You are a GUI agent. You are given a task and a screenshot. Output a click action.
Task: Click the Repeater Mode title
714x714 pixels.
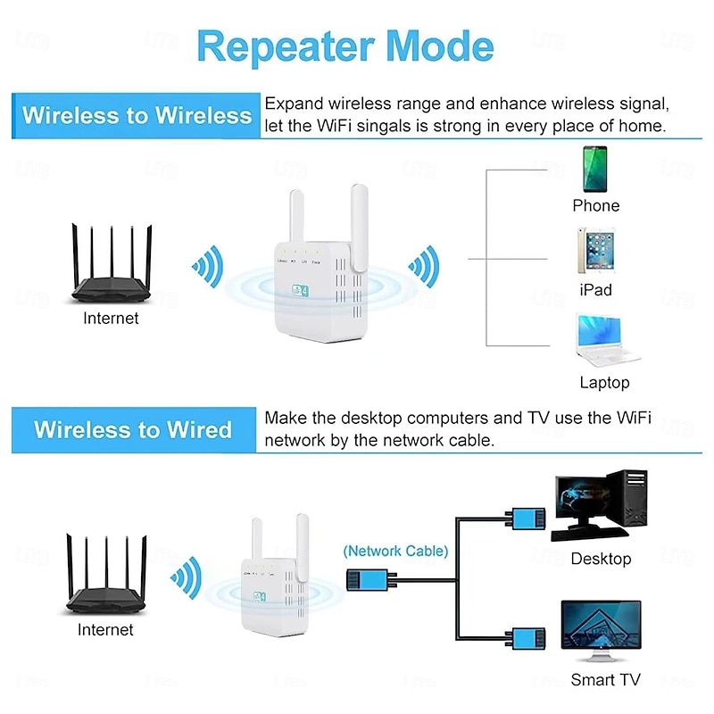(345, 46)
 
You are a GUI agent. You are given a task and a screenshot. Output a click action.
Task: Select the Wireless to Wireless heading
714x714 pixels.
(137, 115)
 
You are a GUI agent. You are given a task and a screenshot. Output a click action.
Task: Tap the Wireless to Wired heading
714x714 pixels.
(133, 429)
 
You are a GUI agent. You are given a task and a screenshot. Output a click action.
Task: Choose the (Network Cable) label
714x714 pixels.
(395, 551)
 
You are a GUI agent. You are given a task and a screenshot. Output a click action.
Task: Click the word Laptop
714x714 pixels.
(604, 382)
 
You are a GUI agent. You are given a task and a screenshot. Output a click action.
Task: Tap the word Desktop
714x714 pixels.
(601, 559)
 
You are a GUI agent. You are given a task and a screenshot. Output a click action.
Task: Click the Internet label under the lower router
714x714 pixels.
(105, 630)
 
